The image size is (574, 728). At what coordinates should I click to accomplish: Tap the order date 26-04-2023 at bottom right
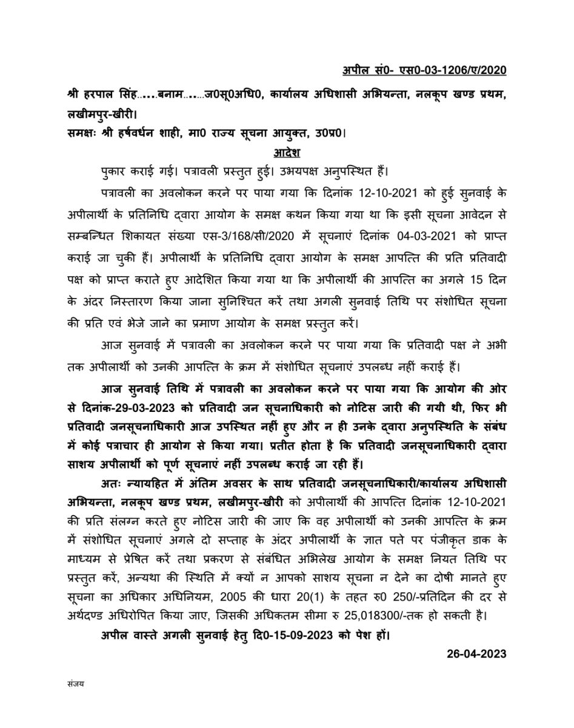pyautogui.click(x=476, y=654)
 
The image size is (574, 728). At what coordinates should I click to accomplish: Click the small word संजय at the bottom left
pyautogui.click(x=76, y=684)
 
